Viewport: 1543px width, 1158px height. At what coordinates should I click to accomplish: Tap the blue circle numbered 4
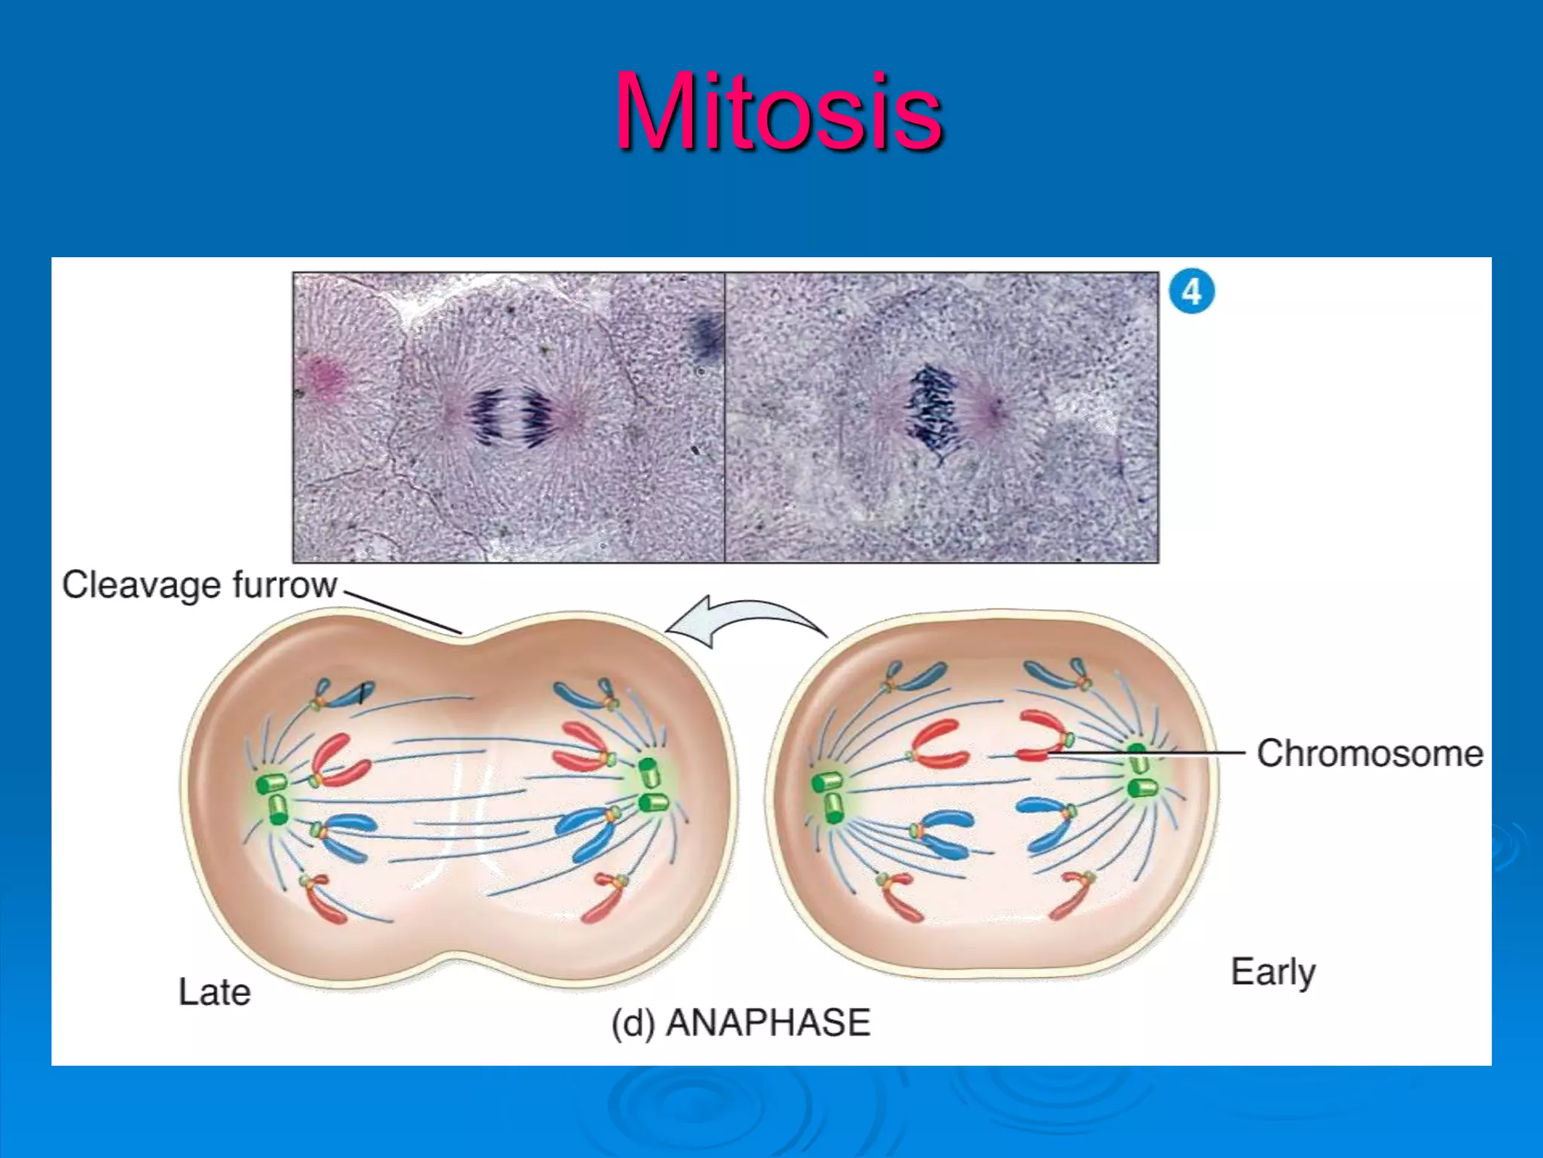coord(1191,292)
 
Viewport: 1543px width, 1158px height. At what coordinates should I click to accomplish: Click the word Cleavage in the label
coord(141,585)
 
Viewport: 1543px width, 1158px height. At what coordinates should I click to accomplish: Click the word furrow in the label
coord(284,585)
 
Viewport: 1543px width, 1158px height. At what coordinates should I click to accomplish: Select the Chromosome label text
coord(1369,753)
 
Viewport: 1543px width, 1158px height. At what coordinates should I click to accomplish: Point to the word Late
coord(214,991)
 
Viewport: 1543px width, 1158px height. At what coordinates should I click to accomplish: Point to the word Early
coord(1273,972)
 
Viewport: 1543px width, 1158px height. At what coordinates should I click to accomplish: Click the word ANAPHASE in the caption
coord(768,1023)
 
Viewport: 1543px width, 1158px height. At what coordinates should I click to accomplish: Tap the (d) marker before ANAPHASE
coord(633,1024)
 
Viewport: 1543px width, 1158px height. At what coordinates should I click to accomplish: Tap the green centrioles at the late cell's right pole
coord(652,786)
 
